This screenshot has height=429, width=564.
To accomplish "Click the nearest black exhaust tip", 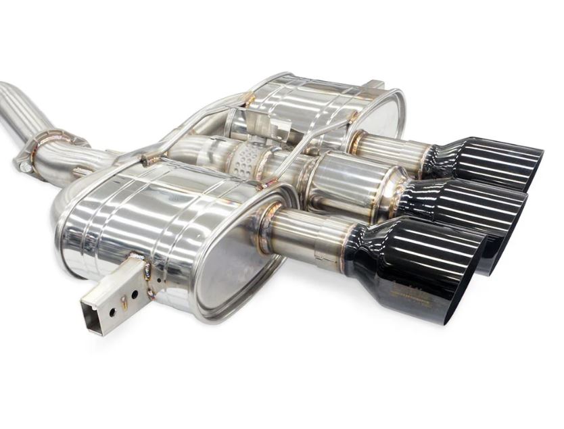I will click(x=413, y=267).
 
